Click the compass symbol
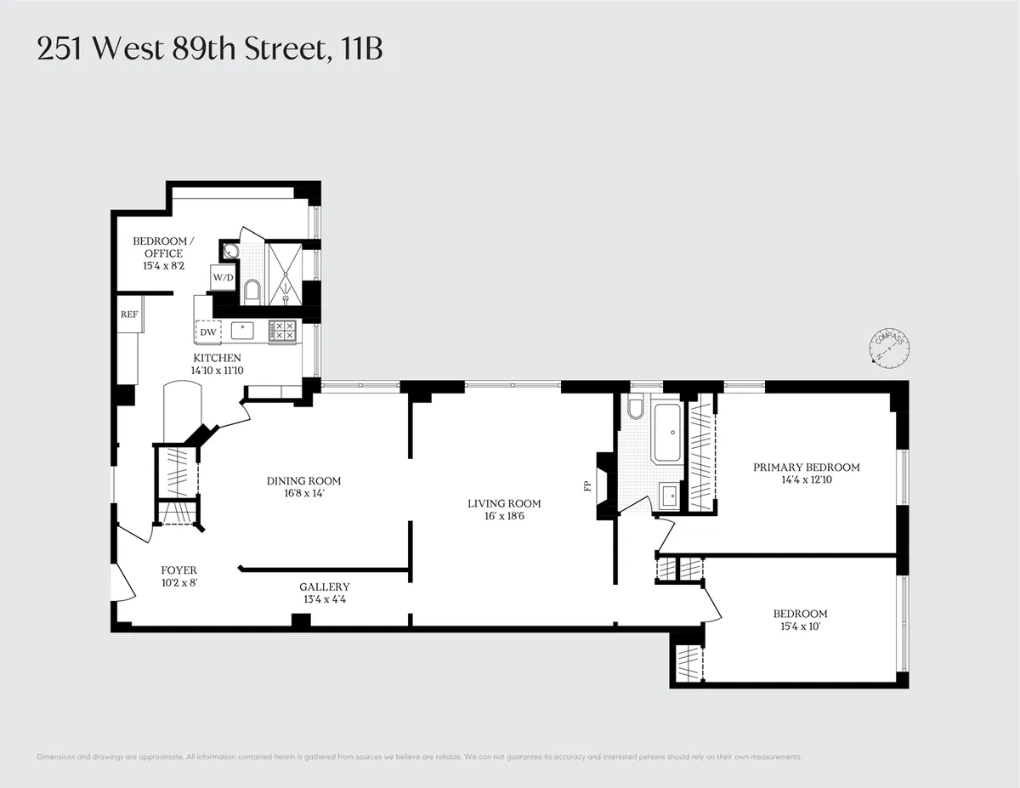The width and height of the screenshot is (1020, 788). coord(890,348)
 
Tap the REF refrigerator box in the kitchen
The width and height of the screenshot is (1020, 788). coord(129,314)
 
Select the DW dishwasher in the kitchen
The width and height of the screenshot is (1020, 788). coord(208,332)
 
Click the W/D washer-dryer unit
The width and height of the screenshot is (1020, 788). coord(223,277)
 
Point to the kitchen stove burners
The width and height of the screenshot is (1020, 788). coord(282,332)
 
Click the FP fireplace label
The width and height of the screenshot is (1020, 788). coord(586,487)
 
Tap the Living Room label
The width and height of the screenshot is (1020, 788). coord(504,503)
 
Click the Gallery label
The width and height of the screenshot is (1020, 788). coord(324,587)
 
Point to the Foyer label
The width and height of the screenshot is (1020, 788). coord(179,570)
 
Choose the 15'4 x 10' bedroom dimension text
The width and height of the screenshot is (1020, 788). coord(800,627)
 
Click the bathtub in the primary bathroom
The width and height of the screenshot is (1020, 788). coord(667,433)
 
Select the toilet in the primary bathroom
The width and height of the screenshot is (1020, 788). coord(634,416)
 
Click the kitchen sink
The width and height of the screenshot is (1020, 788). coord(245,331)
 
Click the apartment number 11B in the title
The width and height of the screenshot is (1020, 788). coord(361,49)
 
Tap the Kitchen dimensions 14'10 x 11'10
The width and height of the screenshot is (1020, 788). coord(217,371)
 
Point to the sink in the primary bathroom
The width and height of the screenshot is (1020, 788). coord(667,494)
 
